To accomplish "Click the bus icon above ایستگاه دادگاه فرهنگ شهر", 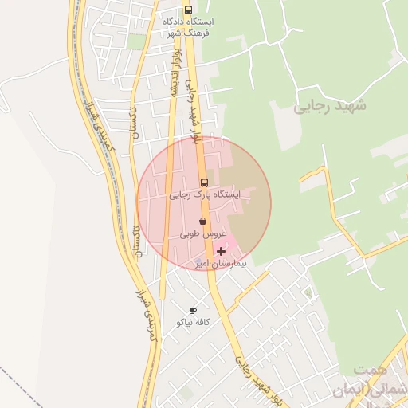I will [x=188, y=10].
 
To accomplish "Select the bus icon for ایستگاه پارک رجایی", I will [x=203, y=182].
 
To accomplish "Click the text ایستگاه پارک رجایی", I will [x=204, y=194].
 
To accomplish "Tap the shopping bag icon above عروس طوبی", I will [x=202, y=221].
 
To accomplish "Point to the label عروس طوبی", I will [x=204, y=233].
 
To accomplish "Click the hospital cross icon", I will [x=222, y=251].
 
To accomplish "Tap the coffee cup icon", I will [x=193, y=310].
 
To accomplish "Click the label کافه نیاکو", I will [x=193, y=322].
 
